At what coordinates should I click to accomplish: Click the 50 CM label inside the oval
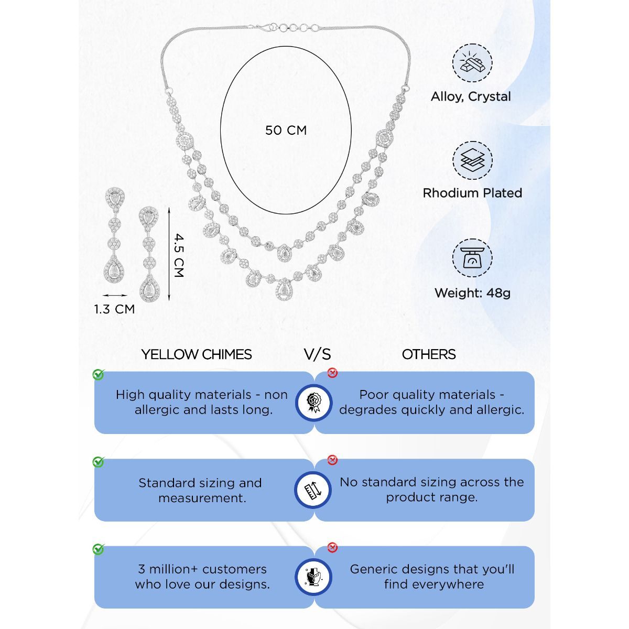click(x=286, y=130)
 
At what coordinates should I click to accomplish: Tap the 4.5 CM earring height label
click(x=178, y=255)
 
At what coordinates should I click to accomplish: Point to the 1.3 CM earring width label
click(x=114, y=309)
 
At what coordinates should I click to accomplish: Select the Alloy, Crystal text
click(x=471, y=96)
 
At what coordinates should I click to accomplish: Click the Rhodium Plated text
click(x=472, y=193)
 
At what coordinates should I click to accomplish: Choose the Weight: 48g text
click(x=472, y=292)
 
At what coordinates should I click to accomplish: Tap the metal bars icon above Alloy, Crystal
click(x=472, y=63)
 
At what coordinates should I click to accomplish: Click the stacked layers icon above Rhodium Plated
click(x=472, y=160)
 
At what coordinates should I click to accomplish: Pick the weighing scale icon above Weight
click(x=472, y=258)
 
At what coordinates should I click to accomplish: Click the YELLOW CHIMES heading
click(x=197, y=354)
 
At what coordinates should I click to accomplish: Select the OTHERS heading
click(x=429, y=354)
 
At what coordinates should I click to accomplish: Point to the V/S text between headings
click(x=318, y=354)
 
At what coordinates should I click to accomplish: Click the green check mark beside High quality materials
click(x=98, y=374)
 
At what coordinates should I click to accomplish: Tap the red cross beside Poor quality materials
click(x=332, y=373)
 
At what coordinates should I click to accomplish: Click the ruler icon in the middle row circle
click(x=313, y=490)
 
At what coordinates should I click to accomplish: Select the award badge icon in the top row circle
click(x=313, y=403)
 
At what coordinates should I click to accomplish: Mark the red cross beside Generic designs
click(x=332, y=548)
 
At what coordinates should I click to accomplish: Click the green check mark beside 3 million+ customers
click(x=98, y=549)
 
